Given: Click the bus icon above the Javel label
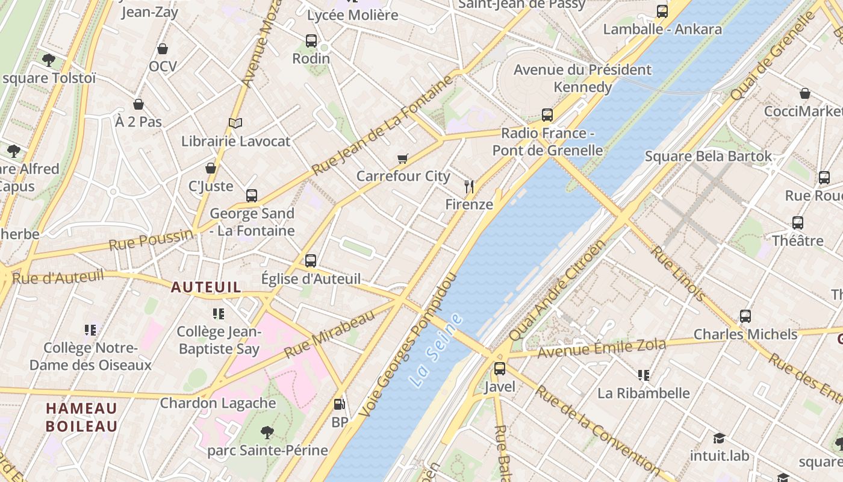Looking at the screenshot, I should [499, 369].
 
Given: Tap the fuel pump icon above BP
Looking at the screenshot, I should [340, 404].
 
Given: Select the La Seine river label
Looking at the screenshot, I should [435, 350].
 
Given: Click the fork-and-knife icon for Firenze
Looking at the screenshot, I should [469, 187].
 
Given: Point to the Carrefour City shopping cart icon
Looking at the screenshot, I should [403, 159].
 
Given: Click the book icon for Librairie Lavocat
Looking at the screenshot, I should [235, 124].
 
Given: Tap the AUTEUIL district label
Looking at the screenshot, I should [206, 287].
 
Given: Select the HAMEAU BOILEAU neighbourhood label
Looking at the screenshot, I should [82, 417].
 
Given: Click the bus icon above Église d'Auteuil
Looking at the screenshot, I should [311, 261].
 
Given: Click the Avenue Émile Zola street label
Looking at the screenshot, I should [602, 348].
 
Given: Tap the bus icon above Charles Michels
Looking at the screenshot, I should [745, 316].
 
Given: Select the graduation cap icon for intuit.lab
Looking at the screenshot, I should [719, 438].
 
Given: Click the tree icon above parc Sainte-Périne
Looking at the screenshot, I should [267, 432].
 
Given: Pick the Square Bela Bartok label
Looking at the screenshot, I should [708, 157].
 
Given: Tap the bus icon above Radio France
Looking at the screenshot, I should [547, 114].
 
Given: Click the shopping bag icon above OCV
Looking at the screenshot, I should [163, 49].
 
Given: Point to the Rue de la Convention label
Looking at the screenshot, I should [597, 429].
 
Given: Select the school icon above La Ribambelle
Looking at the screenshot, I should [643, 375].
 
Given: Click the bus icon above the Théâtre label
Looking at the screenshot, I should [798, 223].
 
